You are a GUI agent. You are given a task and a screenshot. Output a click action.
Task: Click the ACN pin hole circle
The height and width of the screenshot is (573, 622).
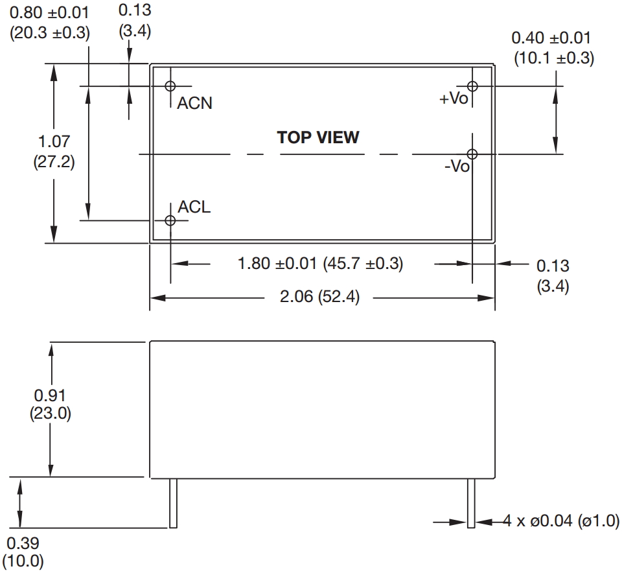click(171, 86)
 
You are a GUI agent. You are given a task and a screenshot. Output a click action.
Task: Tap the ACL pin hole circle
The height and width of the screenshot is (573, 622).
click(170, 220)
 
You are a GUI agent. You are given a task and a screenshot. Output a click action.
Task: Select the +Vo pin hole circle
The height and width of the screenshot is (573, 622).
click(472, 86)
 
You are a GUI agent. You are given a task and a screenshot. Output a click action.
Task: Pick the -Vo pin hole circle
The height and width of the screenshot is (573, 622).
click(472, 154)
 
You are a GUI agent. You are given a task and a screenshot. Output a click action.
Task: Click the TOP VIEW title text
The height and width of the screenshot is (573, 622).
click(318, 137)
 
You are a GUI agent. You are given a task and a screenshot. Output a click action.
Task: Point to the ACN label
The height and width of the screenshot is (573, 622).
click(195, 103)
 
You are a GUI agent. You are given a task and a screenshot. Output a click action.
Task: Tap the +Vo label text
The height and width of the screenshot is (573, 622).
click(454, 99)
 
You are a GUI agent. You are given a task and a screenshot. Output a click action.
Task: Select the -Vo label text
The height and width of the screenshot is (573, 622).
click(457, 167)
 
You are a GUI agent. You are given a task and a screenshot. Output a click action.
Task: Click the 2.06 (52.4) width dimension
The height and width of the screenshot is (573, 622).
click(319, 298)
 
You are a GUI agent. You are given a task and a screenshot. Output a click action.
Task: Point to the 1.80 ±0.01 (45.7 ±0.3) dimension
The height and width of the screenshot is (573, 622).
click(321, 264)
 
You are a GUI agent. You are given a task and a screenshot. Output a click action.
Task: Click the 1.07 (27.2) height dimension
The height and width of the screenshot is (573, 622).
click(53, 151)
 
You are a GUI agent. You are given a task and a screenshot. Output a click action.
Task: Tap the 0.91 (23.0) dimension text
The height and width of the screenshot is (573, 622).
click(51, 404)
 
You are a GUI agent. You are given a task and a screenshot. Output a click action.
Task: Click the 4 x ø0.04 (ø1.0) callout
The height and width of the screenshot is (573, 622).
click(561, 521)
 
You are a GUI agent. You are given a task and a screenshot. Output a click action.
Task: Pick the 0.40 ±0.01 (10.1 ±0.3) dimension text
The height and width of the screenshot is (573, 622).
click(553, 47)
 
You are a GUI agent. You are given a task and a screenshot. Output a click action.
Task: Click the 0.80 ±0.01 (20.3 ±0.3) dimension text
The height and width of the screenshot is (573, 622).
click(49, 23)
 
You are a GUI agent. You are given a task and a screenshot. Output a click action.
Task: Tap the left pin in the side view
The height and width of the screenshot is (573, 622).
click(173, 502)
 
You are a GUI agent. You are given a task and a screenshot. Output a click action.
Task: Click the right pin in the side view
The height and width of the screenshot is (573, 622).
click(471, 502)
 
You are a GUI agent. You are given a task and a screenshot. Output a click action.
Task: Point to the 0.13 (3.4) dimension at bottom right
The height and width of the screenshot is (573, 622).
click(553, 275)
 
